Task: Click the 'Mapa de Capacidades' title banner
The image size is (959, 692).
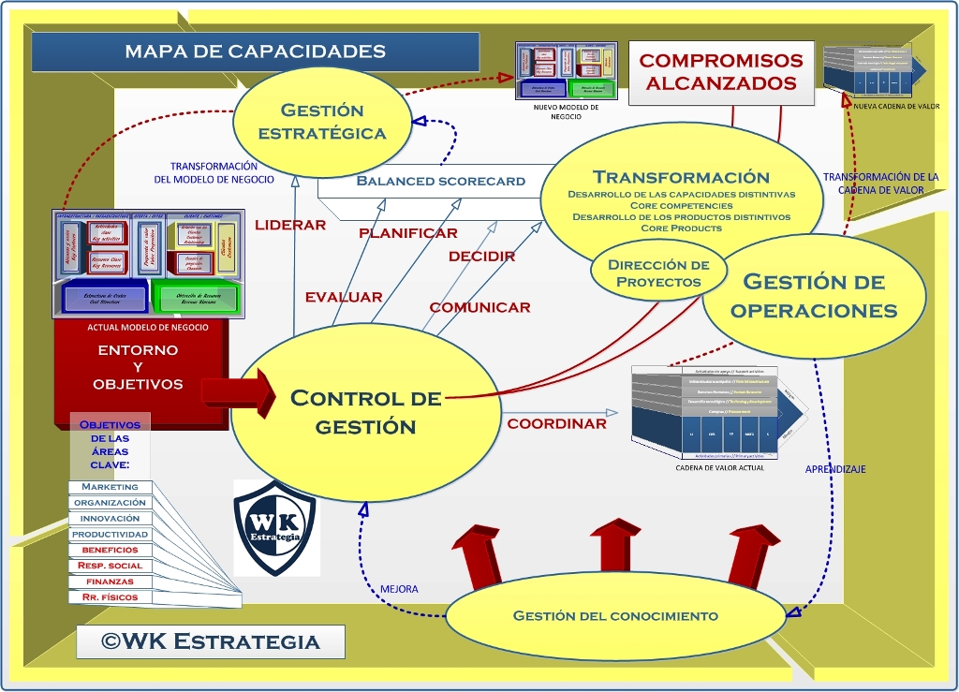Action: (x=255, y=52)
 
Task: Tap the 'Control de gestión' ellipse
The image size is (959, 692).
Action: (x=365, y=411)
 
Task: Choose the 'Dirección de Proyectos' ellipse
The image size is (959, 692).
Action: (x=659, y=272)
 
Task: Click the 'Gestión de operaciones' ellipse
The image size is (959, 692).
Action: (x=813, y=295)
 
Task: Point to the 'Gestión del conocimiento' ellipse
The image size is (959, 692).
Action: (x=615, y=615)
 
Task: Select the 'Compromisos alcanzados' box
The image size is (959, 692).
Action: (x=720, y=71)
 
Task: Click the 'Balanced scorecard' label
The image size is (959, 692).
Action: (x=440, y=181)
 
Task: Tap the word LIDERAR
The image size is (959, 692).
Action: (x=290, y=225)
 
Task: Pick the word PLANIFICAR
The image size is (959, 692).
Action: (x=408, y=232)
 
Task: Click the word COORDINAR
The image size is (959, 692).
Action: (x=556, y=423)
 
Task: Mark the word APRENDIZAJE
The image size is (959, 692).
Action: (x=835, y=469)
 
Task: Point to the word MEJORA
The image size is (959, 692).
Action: (x=399, y=589)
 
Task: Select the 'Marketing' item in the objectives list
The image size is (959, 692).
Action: (x=110, y=487)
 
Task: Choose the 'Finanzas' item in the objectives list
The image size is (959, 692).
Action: (x=110, y=582)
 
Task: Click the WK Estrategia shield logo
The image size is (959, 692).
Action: (x=276, y=527)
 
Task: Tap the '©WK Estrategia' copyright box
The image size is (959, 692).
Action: (x=211, y=641)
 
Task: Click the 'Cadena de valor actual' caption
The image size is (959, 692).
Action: (x=719, y=467)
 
